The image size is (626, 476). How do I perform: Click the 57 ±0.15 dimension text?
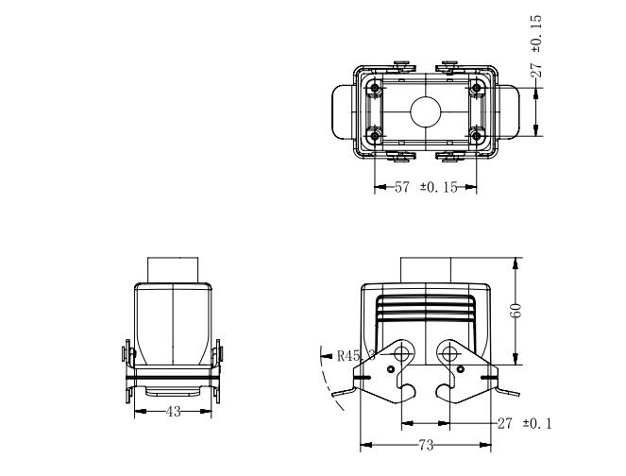[426, 187]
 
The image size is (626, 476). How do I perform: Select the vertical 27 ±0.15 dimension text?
[536, 46]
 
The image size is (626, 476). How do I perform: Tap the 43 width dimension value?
[174, 412]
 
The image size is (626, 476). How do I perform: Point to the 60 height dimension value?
[516, 311]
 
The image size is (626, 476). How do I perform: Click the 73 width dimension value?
[426, 445]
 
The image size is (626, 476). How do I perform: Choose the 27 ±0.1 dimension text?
[525, 423]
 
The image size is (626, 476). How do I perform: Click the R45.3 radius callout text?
[357, 355]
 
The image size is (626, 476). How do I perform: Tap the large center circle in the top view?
[426, 111]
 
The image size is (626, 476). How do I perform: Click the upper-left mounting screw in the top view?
[375, 88]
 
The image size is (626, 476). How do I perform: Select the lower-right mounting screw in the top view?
[476, 136]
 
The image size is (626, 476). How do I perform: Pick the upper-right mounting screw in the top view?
[476, 88]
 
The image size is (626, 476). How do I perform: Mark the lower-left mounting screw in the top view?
[375, 136]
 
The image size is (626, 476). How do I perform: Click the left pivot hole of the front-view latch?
[401, 353]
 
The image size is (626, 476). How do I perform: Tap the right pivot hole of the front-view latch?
[450, 353]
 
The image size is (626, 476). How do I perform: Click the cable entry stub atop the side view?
[173, 270]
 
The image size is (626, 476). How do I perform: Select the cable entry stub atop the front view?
[426, 270]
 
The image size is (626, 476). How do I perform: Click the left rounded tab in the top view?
[343, 111]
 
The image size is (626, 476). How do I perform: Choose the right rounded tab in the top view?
[509, 111]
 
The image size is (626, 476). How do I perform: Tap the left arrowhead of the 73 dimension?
[366, 445]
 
